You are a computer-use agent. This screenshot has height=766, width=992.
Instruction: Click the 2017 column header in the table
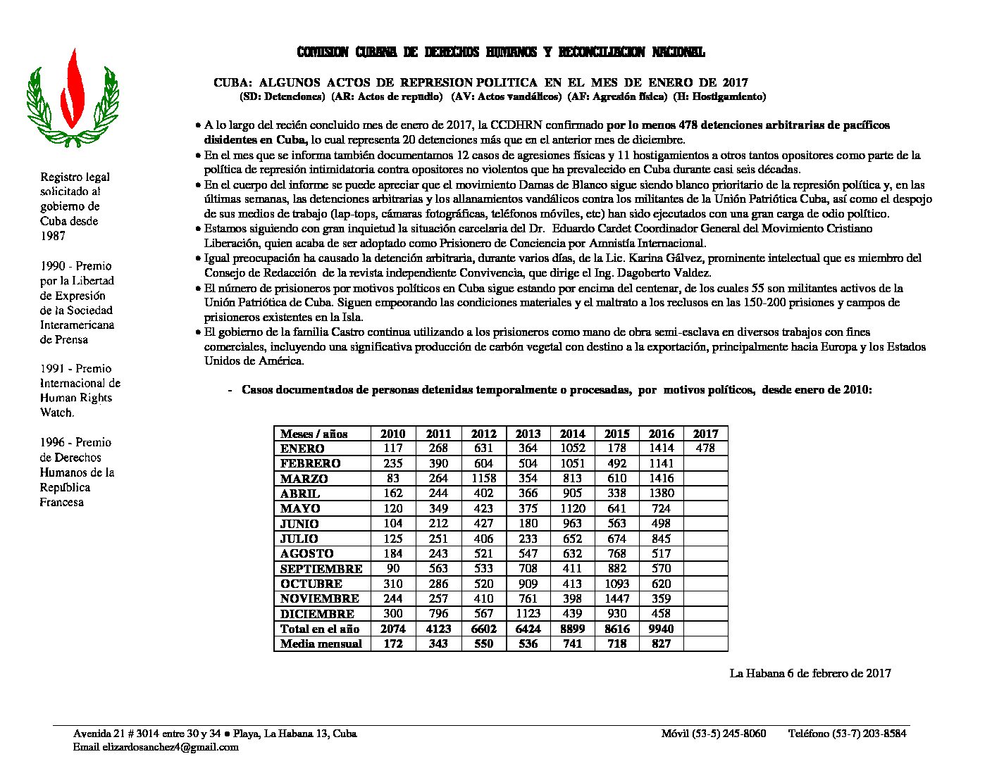coord(705,434)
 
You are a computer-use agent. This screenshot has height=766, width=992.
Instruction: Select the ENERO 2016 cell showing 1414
coord(661,448)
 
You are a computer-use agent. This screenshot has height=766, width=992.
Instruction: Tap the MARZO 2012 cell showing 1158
coord(483,478)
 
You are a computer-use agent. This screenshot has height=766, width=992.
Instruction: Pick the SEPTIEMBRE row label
coord(321,569)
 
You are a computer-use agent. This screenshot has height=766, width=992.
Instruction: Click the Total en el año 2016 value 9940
coord(661,629)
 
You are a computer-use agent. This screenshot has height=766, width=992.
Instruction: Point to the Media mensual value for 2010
coord(393,643)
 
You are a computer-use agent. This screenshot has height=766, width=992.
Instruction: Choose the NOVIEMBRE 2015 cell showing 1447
coord(616,598)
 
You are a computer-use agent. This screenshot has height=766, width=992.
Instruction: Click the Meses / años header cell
coord(314,434)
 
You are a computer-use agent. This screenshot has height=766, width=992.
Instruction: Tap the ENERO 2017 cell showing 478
coord(705,448)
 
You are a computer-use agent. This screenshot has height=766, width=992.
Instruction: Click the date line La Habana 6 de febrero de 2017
coord(810,673)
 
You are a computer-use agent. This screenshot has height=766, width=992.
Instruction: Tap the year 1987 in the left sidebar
coord(53,236)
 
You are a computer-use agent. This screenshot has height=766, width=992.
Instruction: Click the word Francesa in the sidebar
coord(62,502)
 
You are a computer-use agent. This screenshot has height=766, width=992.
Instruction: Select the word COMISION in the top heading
coord(323,52)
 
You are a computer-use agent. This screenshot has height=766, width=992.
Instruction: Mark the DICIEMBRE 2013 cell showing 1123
coord(528,613)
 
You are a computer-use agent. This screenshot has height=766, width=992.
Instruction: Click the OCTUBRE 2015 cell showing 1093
coord(616,584)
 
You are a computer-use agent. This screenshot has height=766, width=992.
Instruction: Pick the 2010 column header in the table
coord(393,434)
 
